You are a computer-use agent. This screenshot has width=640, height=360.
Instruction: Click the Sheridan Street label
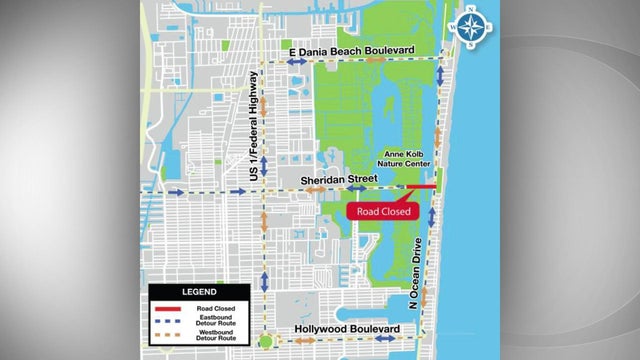pyautogui.click(x=339, y=179)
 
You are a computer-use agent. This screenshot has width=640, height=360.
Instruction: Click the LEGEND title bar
pyautogui.click(x=196, y=291)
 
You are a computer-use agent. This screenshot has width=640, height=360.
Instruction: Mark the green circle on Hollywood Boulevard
pyautogui.click(x=264, y=341)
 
